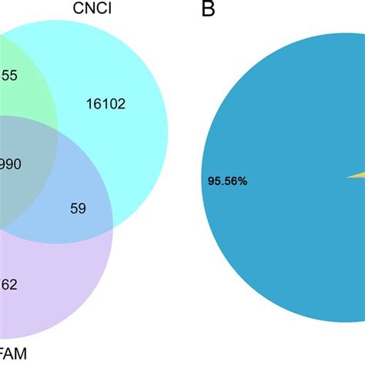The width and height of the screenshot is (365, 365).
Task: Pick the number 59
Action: (79, 208)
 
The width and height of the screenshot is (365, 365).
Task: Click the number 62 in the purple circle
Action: (9, 285)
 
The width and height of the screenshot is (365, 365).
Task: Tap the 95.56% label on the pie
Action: (227, 182)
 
